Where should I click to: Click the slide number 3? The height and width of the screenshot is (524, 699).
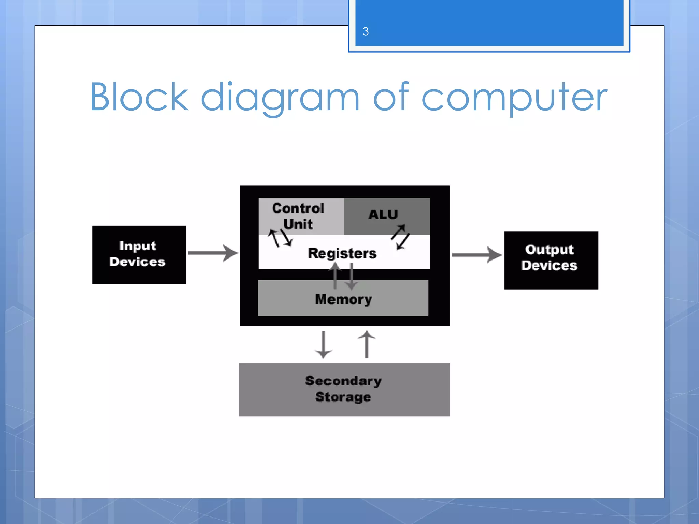366,32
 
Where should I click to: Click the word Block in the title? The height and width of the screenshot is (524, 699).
139,98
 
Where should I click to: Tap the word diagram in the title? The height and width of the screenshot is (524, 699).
280,98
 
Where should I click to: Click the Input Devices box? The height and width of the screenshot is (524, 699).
139,254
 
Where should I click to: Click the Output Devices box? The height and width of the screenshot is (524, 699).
551,260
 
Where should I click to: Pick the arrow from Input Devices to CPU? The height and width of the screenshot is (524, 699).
213,253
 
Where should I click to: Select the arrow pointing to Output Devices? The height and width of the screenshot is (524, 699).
476,255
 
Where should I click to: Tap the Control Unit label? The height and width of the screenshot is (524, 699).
298,216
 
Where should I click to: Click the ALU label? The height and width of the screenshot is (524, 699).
383,215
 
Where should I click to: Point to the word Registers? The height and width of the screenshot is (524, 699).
342,253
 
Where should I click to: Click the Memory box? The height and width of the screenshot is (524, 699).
343,299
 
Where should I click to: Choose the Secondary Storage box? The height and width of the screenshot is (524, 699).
344,389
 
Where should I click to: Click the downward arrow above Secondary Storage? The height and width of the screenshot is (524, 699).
323,345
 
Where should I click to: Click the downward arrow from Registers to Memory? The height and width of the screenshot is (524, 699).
351,276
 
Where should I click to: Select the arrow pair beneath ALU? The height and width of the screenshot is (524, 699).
400,237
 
